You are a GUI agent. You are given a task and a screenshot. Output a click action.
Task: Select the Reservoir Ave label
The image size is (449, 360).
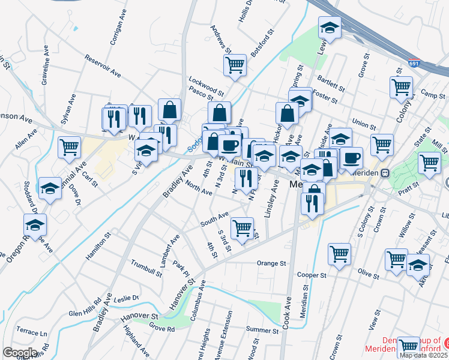(103, 66)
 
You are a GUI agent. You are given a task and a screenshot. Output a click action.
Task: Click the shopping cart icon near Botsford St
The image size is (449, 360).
(235, 65)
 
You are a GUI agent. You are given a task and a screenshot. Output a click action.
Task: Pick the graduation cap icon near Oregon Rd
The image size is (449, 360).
(35, 226)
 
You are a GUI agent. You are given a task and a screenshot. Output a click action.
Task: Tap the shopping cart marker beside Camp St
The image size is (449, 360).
(400, 86)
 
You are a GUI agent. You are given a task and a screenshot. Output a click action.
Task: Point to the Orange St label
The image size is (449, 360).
(271, 263)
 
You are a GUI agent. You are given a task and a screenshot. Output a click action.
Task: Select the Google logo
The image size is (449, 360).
(19, 352)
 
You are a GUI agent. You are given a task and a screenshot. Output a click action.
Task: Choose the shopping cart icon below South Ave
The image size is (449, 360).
(242, 228)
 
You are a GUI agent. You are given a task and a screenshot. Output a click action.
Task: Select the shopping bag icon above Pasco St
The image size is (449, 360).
(170, 110)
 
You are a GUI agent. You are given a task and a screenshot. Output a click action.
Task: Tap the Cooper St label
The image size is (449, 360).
(310, 275)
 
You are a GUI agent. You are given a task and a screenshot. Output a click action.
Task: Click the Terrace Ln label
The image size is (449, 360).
(31, 332)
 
